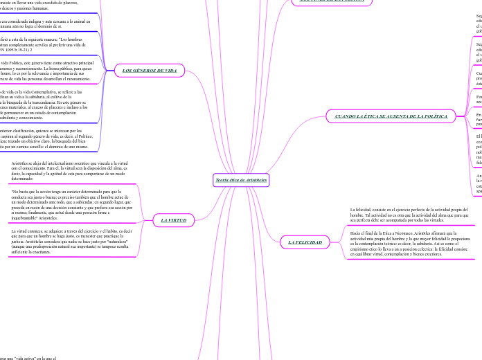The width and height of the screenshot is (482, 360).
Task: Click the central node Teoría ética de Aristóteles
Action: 241,179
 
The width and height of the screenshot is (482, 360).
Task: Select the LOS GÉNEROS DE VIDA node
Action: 150,71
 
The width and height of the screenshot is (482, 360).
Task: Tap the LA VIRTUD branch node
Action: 173,220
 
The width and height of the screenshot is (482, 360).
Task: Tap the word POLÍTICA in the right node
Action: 434,116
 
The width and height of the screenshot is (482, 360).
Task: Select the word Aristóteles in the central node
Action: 255,179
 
